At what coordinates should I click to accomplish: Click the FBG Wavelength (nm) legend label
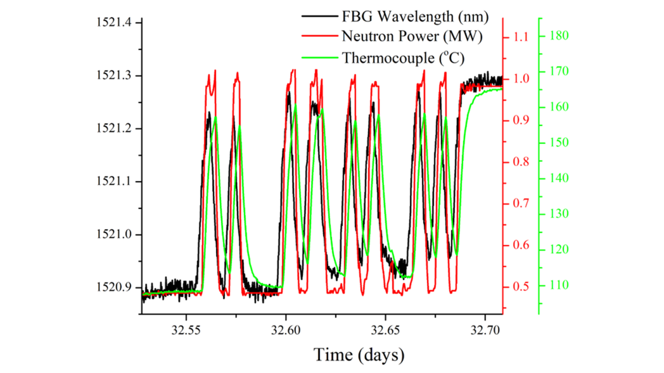click(415, 17)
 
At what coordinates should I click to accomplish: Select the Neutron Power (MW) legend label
click(412, 37)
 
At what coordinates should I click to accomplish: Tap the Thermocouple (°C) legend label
click(403, 58)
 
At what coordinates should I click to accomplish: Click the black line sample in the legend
click(319, 16)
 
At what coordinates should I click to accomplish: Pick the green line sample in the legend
click(319, 57)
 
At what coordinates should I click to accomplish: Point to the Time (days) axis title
click(359, 355)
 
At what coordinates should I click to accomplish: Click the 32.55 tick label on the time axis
click(186, 330)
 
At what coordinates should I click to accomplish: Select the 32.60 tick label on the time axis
click(286, 330)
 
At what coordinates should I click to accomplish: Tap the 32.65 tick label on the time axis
click(386, 330)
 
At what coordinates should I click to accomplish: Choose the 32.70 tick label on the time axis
click(485, 330)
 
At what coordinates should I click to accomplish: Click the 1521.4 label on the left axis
click(114, 22)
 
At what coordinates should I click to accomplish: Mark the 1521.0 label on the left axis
click(114, 234)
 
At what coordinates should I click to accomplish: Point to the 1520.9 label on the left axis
click(114, 287)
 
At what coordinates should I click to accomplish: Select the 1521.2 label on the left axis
click(114, 128)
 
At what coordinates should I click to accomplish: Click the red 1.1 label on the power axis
click(521, 37)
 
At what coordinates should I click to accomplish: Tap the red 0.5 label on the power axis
click(521, 287)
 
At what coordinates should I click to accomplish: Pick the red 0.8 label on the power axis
click(521, 162)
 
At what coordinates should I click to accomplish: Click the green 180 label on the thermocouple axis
click(559, 36)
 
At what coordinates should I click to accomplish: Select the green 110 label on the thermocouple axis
click(559, 285)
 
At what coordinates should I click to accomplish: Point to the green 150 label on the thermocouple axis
click(559, 142)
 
